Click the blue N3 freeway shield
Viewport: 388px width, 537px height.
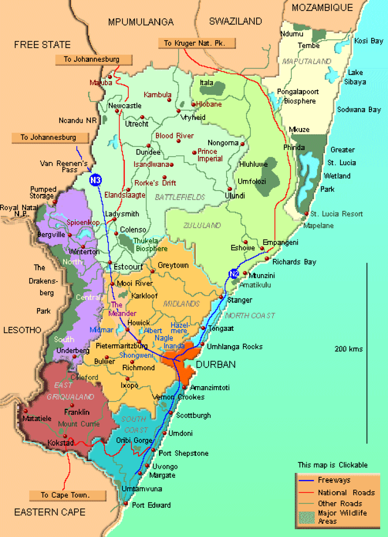(x=95, y=180)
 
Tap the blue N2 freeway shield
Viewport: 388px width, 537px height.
(x=234, y=274)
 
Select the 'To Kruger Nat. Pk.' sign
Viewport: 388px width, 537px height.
(x=197, y=43)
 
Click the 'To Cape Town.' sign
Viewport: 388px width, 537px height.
(x=68, y=495)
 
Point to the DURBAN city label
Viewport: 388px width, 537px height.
(x=215, y=365)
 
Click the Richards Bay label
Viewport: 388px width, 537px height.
(x=294, y=262)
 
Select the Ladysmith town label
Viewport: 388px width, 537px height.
(x=122, y=214)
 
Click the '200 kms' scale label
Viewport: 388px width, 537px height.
(x=349, y=349)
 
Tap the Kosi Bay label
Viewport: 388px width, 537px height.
(x=369, y=41)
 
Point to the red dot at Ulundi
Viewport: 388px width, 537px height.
(x=230, y=189)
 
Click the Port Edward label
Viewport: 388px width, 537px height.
(x=151, y=505)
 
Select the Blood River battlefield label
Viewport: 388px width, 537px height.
(x=174, y=136)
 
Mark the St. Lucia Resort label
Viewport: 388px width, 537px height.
(x=336, y=214)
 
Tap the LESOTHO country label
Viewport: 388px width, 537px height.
(x=21, y=330)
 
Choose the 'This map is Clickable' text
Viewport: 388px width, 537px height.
(x=332, y=465)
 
